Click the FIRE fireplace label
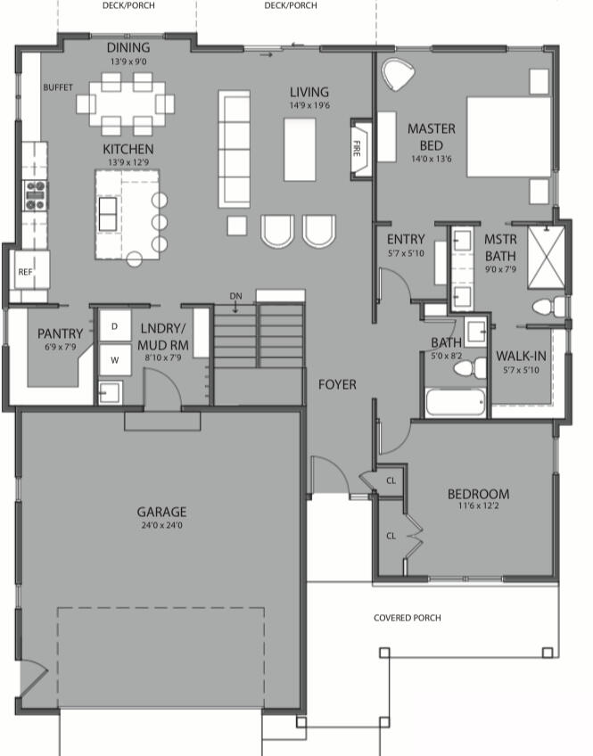tap(358, 146)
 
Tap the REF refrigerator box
tap(25, 271)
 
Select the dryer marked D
tap(114, 326)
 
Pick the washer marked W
tap(114, 360)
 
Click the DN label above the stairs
tap(235, 296)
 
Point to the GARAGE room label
tap(161, 512)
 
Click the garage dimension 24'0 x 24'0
tap(161, 525)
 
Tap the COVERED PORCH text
tap(407, 618)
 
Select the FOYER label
tap(338, 385)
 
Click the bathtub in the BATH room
tap(456, 402)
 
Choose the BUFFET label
tap(58, 87)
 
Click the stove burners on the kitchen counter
tap(35, 194)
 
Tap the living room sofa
tap(235, 147)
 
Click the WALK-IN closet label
tap(522, 357)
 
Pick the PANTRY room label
tap(61, 334)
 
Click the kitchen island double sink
tap(107, 214)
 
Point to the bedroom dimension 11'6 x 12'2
tap(478, 507)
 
